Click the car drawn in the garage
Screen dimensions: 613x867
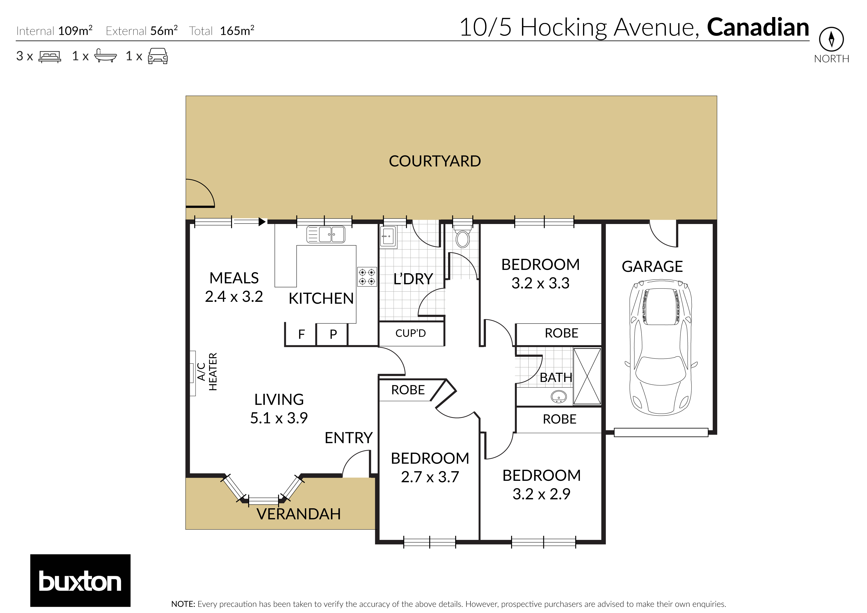click(661, 347)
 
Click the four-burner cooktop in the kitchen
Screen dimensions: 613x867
click(367, 277)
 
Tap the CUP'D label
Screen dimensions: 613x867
click(411, 333)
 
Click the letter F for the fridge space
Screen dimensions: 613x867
click(301, 334)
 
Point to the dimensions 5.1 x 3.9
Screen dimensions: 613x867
click(279, 418)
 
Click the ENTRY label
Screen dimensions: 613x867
click(348, 438)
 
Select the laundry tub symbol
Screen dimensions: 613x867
click(388, 237)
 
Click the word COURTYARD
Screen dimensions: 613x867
click(435, 161)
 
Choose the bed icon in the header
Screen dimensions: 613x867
click(49, 57)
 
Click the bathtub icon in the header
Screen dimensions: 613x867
click(105, 56)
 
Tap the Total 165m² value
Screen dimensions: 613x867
click(237, 31)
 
